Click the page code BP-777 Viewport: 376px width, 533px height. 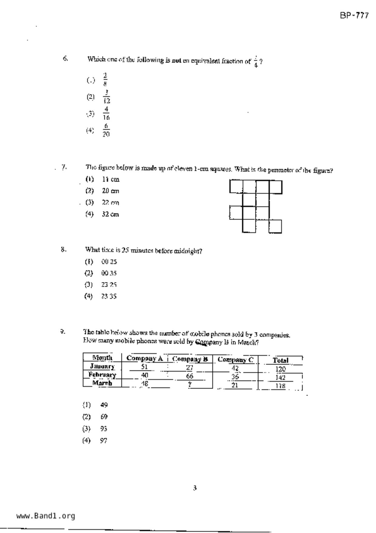pos(354,15)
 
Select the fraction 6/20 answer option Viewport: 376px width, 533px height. pos(106,130)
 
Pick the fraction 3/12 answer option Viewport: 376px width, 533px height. pos(106,97)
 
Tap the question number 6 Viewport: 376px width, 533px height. pos(65,58)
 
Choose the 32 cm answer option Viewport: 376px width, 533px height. pos(110,214)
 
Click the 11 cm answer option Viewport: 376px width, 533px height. pos(110,179)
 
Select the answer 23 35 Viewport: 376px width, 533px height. pos(109,296)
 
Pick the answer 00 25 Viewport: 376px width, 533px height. pos(109,262)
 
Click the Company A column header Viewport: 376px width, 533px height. pos(144,358)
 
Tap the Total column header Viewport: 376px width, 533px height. pos(280,360)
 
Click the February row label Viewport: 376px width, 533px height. pos(102,375)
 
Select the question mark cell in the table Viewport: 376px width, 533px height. pos(190,384)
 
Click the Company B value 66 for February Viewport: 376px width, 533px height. pos(190,376)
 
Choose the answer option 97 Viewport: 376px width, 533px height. pos(103,441)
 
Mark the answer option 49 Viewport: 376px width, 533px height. pos(104,405)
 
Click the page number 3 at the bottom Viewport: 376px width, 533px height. pos(195,488)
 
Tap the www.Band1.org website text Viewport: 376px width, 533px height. pos(46,516)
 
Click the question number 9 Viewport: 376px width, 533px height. pos(62,332)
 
